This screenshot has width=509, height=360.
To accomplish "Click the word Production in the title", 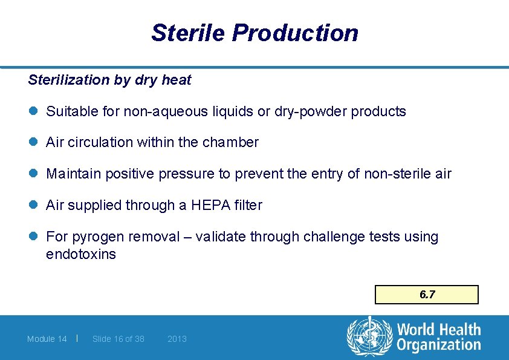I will click(296, 33).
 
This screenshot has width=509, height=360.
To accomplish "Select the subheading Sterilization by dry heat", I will click(109, 80).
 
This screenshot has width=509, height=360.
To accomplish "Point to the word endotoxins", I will click(80, 254).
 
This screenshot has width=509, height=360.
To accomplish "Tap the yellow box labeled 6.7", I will click(427, 295).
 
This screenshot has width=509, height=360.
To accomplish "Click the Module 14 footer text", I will click(47, 339).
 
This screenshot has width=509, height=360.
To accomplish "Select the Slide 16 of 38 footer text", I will click(118, 339).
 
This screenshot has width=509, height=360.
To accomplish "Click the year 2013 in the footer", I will click(177, 339).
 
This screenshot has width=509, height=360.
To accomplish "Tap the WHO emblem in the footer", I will click(369, 337).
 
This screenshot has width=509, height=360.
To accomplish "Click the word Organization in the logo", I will click(439, 345).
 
